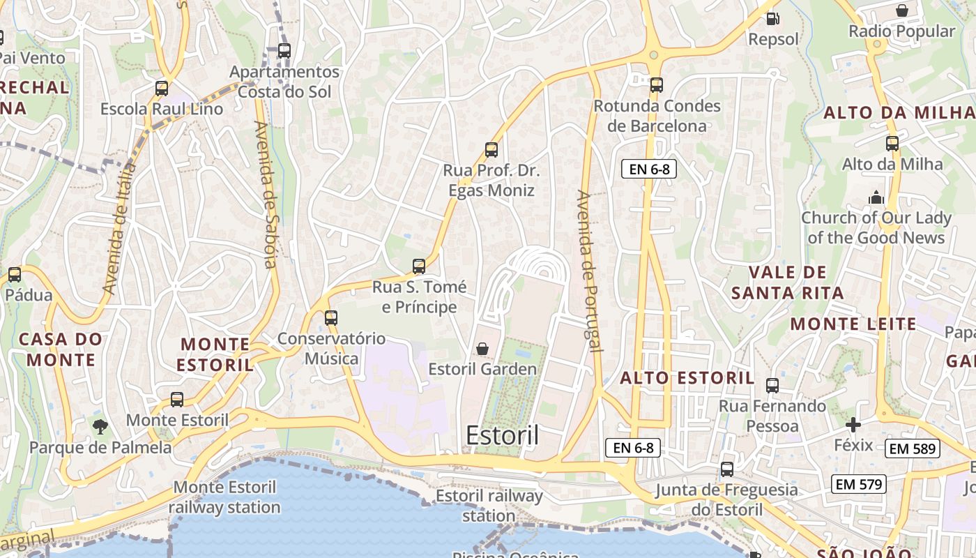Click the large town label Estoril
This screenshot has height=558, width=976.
502,435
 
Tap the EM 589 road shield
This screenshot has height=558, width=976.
913,448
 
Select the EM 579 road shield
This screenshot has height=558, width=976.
858,484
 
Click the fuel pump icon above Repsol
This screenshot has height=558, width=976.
772,19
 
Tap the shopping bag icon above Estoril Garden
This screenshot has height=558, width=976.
482,349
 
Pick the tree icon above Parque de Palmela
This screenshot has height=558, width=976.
100,426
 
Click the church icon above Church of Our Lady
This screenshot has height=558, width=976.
876,197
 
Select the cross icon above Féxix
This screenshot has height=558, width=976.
853,425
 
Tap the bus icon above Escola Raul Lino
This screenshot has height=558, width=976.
162,89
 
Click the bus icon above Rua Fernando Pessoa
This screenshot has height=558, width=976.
772,386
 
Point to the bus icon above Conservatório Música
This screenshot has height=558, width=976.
331,318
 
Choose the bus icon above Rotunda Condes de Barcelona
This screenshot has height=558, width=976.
657,85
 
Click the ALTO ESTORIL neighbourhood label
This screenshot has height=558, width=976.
687,378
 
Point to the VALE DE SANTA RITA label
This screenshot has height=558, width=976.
788,282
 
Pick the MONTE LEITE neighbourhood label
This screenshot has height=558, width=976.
853,324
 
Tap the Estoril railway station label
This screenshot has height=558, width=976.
489,506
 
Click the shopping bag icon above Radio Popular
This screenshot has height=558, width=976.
902,10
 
